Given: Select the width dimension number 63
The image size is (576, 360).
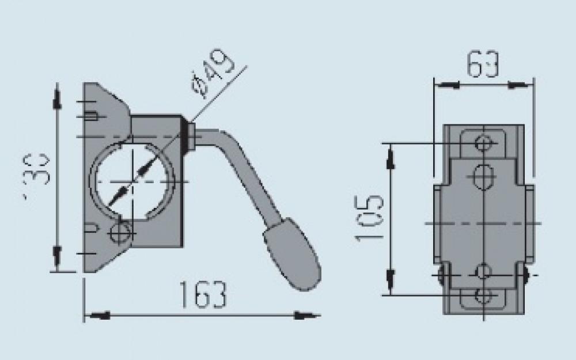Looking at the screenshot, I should point(482,65).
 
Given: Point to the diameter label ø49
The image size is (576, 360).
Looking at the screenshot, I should point(213,72).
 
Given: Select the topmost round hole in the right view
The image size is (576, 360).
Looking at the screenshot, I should point(484,143).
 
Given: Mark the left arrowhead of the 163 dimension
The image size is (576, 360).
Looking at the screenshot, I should point(98,316).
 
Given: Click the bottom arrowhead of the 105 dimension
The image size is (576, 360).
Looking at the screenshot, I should point(392,279).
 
